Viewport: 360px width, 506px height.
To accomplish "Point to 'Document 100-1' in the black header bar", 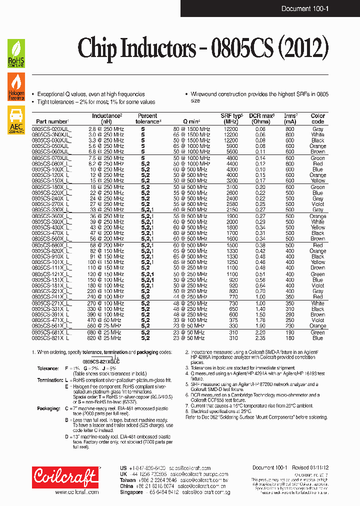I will (x=304, y=8).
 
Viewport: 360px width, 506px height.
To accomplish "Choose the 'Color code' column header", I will (x=317, y=118).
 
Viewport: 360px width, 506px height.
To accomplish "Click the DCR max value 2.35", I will (x=261, y=338).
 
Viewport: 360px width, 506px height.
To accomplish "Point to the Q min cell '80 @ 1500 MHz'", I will (x=191, y=129).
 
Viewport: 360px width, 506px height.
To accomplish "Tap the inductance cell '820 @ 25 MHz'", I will (x=106, y=338).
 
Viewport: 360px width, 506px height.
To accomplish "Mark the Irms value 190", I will (x=290, y=332).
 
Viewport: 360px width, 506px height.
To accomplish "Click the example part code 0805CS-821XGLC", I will (x=101, y=361).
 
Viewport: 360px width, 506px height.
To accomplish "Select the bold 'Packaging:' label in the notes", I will (x=48, y=408).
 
